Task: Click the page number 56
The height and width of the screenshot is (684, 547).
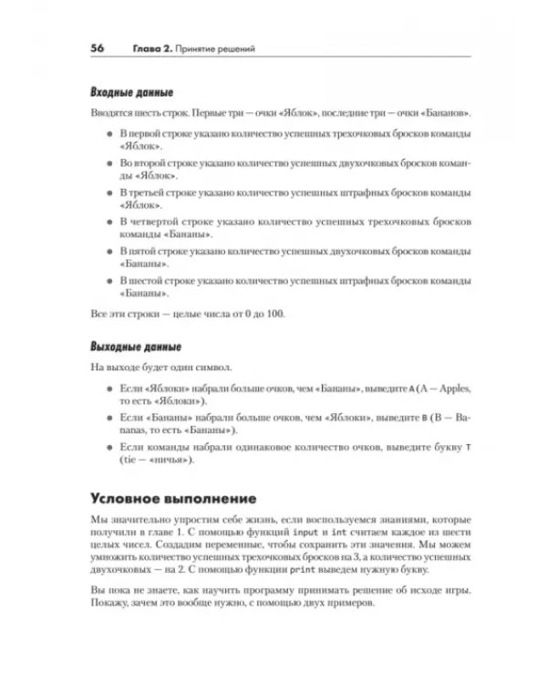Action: pyautogui.click(x=98, y=47)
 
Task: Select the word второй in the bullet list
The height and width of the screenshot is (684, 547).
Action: pyautogui.click(x=146, y=162)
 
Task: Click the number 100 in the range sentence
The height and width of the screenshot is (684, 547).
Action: pyautogui.click(x=274, y=314)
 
